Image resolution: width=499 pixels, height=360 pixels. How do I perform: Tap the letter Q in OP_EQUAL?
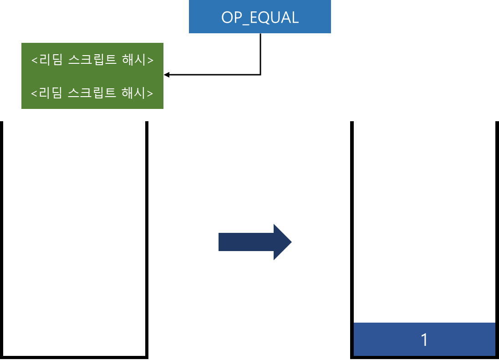coord(264,18)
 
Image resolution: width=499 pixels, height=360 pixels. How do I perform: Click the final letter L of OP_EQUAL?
coord(295,18)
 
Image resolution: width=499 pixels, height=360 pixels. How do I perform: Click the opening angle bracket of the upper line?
coord(34,61)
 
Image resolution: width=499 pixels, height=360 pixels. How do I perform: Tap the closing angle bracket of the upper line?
coord(150,61)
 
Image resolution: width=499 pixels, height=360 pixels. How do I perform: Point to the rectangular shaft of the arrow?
coord(246,242)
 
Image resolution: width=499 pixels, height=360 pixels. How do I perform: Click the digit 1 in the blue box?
coord(424,340)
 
